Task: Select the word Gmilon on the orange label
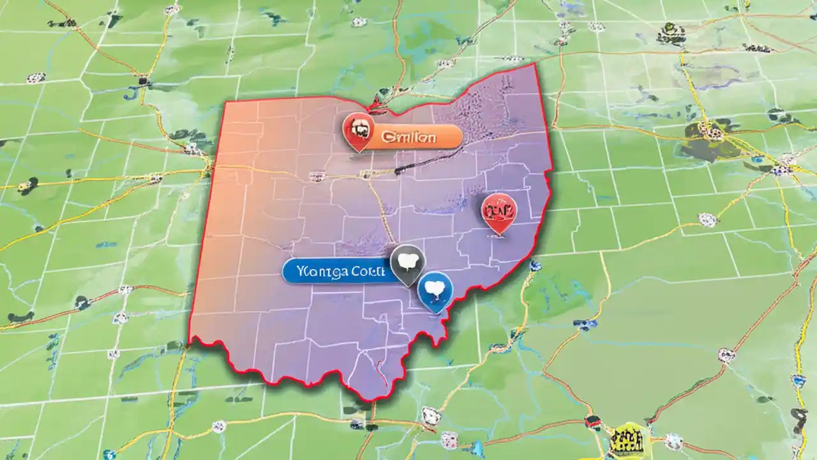point(408,136)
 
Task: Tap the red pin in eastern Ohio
point(499,212)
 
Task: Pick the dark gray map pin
point(407,262)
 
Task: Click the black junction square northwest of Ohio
point(145,81)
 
